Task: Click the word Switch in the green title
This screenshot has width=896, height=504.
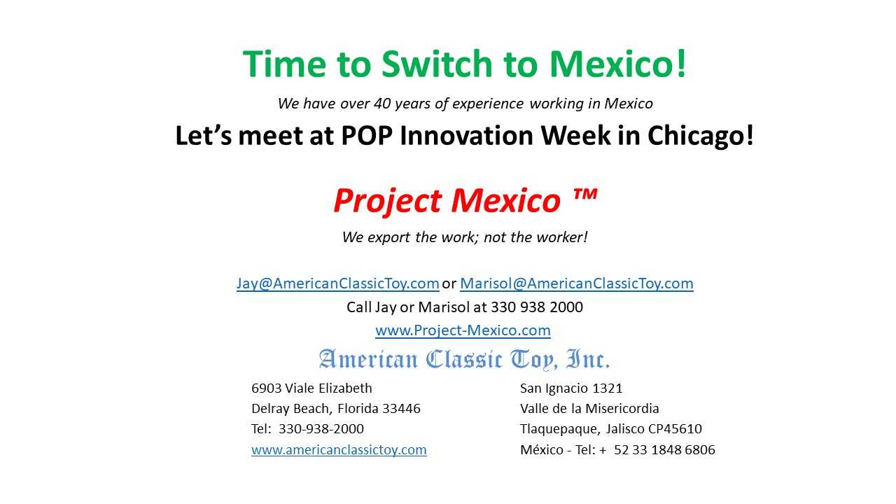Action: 437,64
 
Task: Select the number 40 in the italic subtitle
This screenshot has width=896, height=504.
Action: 382,104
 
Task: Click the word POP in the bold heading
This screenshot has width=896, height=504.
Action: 367,136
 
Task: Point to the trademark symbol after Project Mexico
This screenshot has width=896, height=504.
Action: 584,195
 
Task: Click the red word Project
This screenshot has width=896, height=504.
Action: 388,201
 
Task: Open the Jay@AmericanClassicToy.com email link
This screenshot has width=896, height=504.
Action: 337,283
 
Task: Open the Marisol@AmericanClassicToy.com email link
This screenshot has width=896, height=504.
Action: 576,283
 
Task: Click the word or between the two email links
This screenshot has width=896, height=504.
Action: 449,284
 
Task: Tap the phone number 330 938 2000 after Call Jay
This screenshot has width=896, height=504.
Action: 537,307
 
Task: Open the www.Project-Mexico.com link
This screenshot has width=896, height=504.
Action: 463,330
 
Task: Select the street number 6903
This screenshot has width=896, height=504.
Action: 267,388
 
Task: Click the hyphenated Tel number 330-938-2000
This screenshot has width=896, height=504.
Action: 321,429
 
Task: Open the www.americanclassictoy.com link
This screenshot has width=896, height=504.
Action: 339,450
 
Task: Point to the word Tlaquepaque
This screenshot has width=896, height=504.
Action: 560,429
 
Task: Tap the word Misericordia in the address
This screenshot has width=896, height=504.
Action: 622,408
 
